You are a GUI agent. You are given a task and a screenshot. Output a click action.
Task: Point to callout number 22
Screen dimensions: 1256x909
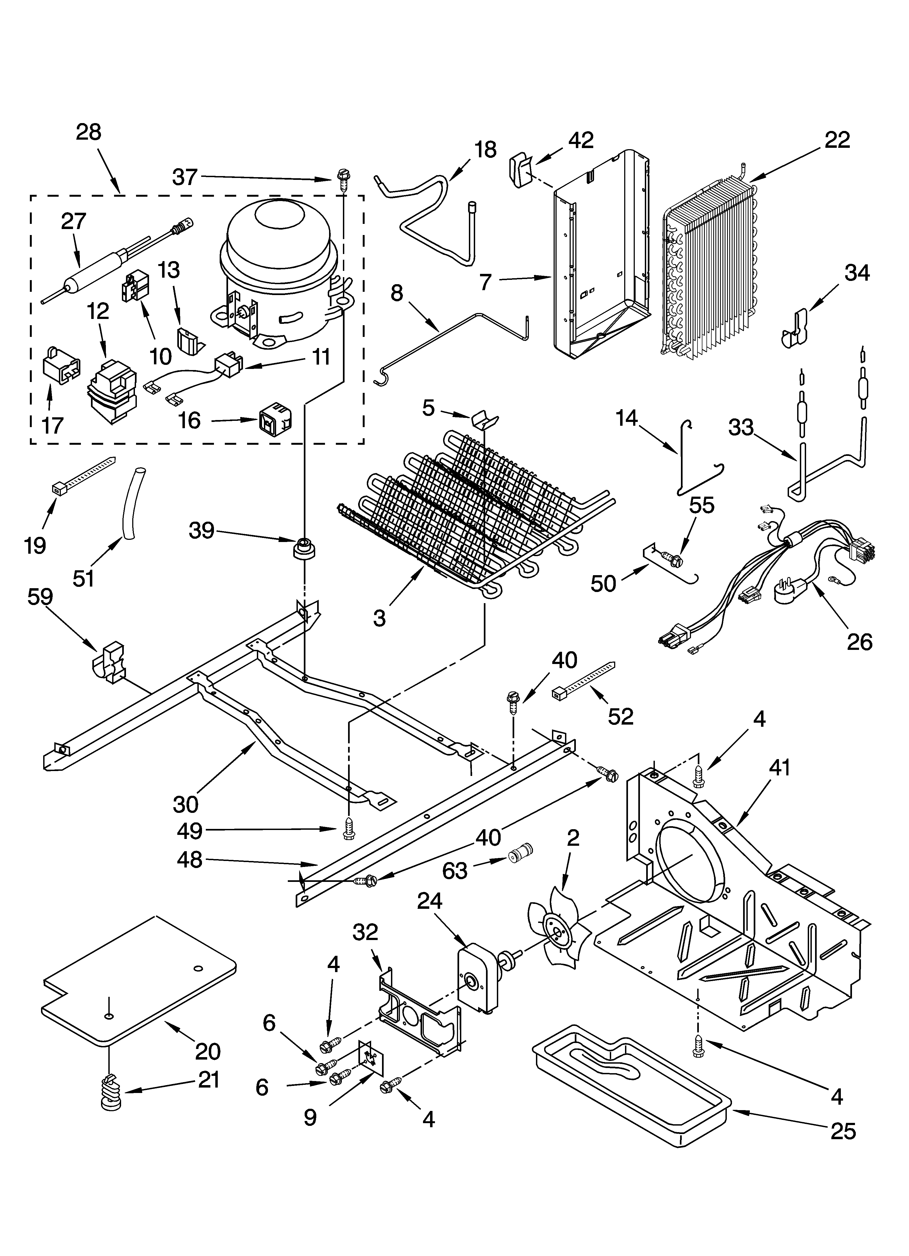click(x=837, y=140)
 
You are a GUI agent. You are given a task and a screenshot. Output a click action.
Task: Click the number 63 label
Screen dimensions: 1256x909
click(x=455, y=871)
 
